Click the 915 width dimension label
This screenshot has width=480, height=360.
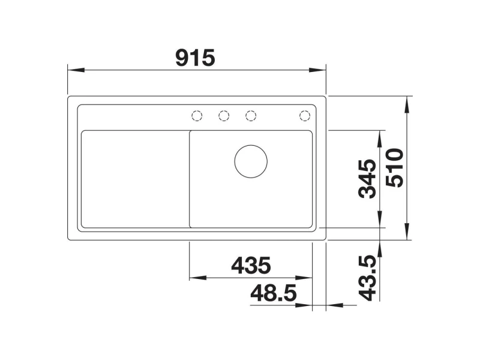196,58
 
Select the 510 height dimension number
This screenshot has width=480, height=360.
395,168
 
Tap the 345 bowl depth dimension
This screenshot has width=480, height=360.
367,179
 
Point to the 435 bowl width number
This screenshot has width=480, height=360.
251,265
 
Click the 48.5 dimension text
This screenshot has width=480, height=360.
274,293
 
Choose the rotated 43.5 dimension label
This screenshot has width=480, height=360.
367,278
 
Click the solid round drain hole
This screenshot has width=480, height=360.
251,161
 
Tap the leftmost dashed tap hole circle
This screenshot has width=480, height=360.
197,115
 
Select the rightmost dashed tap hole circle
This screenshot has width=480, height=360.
305,115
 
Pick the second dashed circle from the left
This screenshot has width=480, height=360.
224,115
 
